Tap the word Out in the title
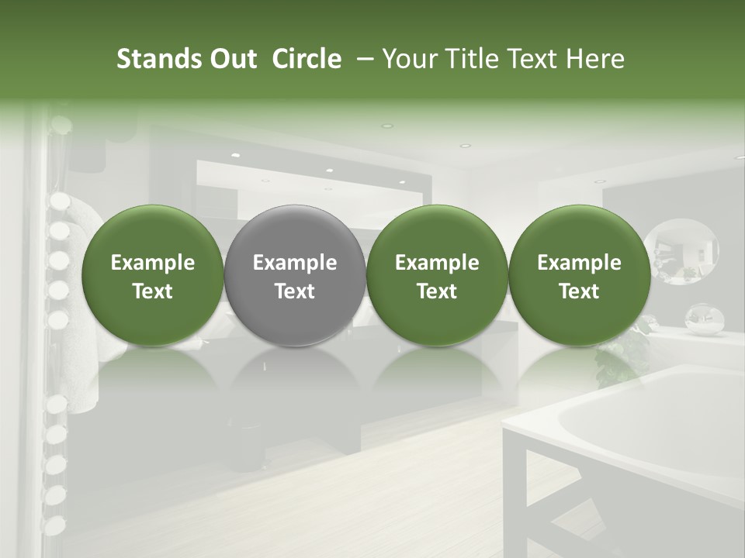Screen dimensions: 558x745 click(x=231, y=59)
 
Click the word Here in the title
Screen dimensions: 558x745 click(x=595, y=59)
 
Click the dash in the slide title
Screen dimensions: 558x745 click(x=362, y=59)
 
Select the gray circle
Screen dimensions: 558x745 click(x=295, y=275)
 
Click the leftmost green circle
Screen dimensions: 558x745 click(x=153, y=275)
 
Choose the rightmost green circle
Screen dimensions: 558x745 click(x=579, y=275)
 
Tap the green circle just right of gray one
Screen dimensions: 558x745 click(x=437, y=275)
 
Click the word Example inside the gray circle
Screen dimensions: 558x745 click(x=295, y=263)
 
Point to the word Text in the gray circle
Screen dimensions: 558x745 click(x=295, y=291)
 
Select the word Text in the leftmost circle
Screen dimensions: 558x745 click(x=153, y=291)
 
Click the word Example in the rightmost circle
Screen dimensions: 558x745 click(x=579, y=263)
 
